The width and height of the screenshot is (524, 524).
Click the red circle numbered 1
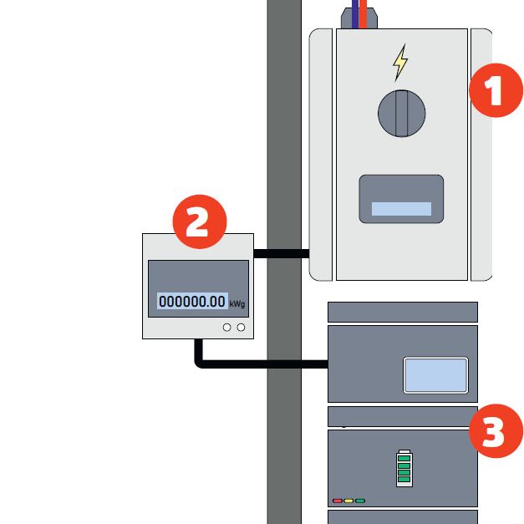click(x=496, y=93)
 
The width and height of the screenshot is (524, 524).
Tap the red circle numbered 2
click(x=200, y=222)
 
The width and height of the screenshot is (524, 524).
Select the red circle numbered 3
click(x=496, y=433)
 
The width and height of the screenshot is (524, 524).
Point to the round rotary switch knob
click(x=401, y=114)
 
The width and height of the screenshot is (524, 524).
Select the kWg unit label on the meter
click(x=237, y=304)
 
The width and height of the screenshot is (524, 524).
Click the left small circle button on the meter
click(x=227, y=328)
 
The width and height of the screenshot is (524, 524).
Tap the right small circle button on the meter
click(x=241, y=328)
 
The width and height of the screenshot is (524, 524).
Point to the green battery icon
click(x=404, y=468)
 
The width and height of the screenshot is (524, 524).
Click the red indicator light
click(x=338, y=501)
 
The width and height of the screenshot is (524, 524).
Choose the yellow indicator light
click(x=348, y=501)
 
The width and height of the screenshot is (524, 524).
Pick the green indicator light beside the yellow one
click(x=360, y=501)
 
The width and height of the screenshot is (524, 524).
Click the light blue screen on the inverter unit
click(x=435, y=374)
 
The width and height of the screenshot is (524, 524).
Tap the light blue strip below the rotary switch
click(x=401, y=209)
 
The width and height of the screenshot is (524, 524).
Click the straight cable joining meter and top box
click(x=281, y=252)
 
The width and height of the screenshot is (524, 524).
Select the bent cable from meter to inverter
click(x=251, y=364)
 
